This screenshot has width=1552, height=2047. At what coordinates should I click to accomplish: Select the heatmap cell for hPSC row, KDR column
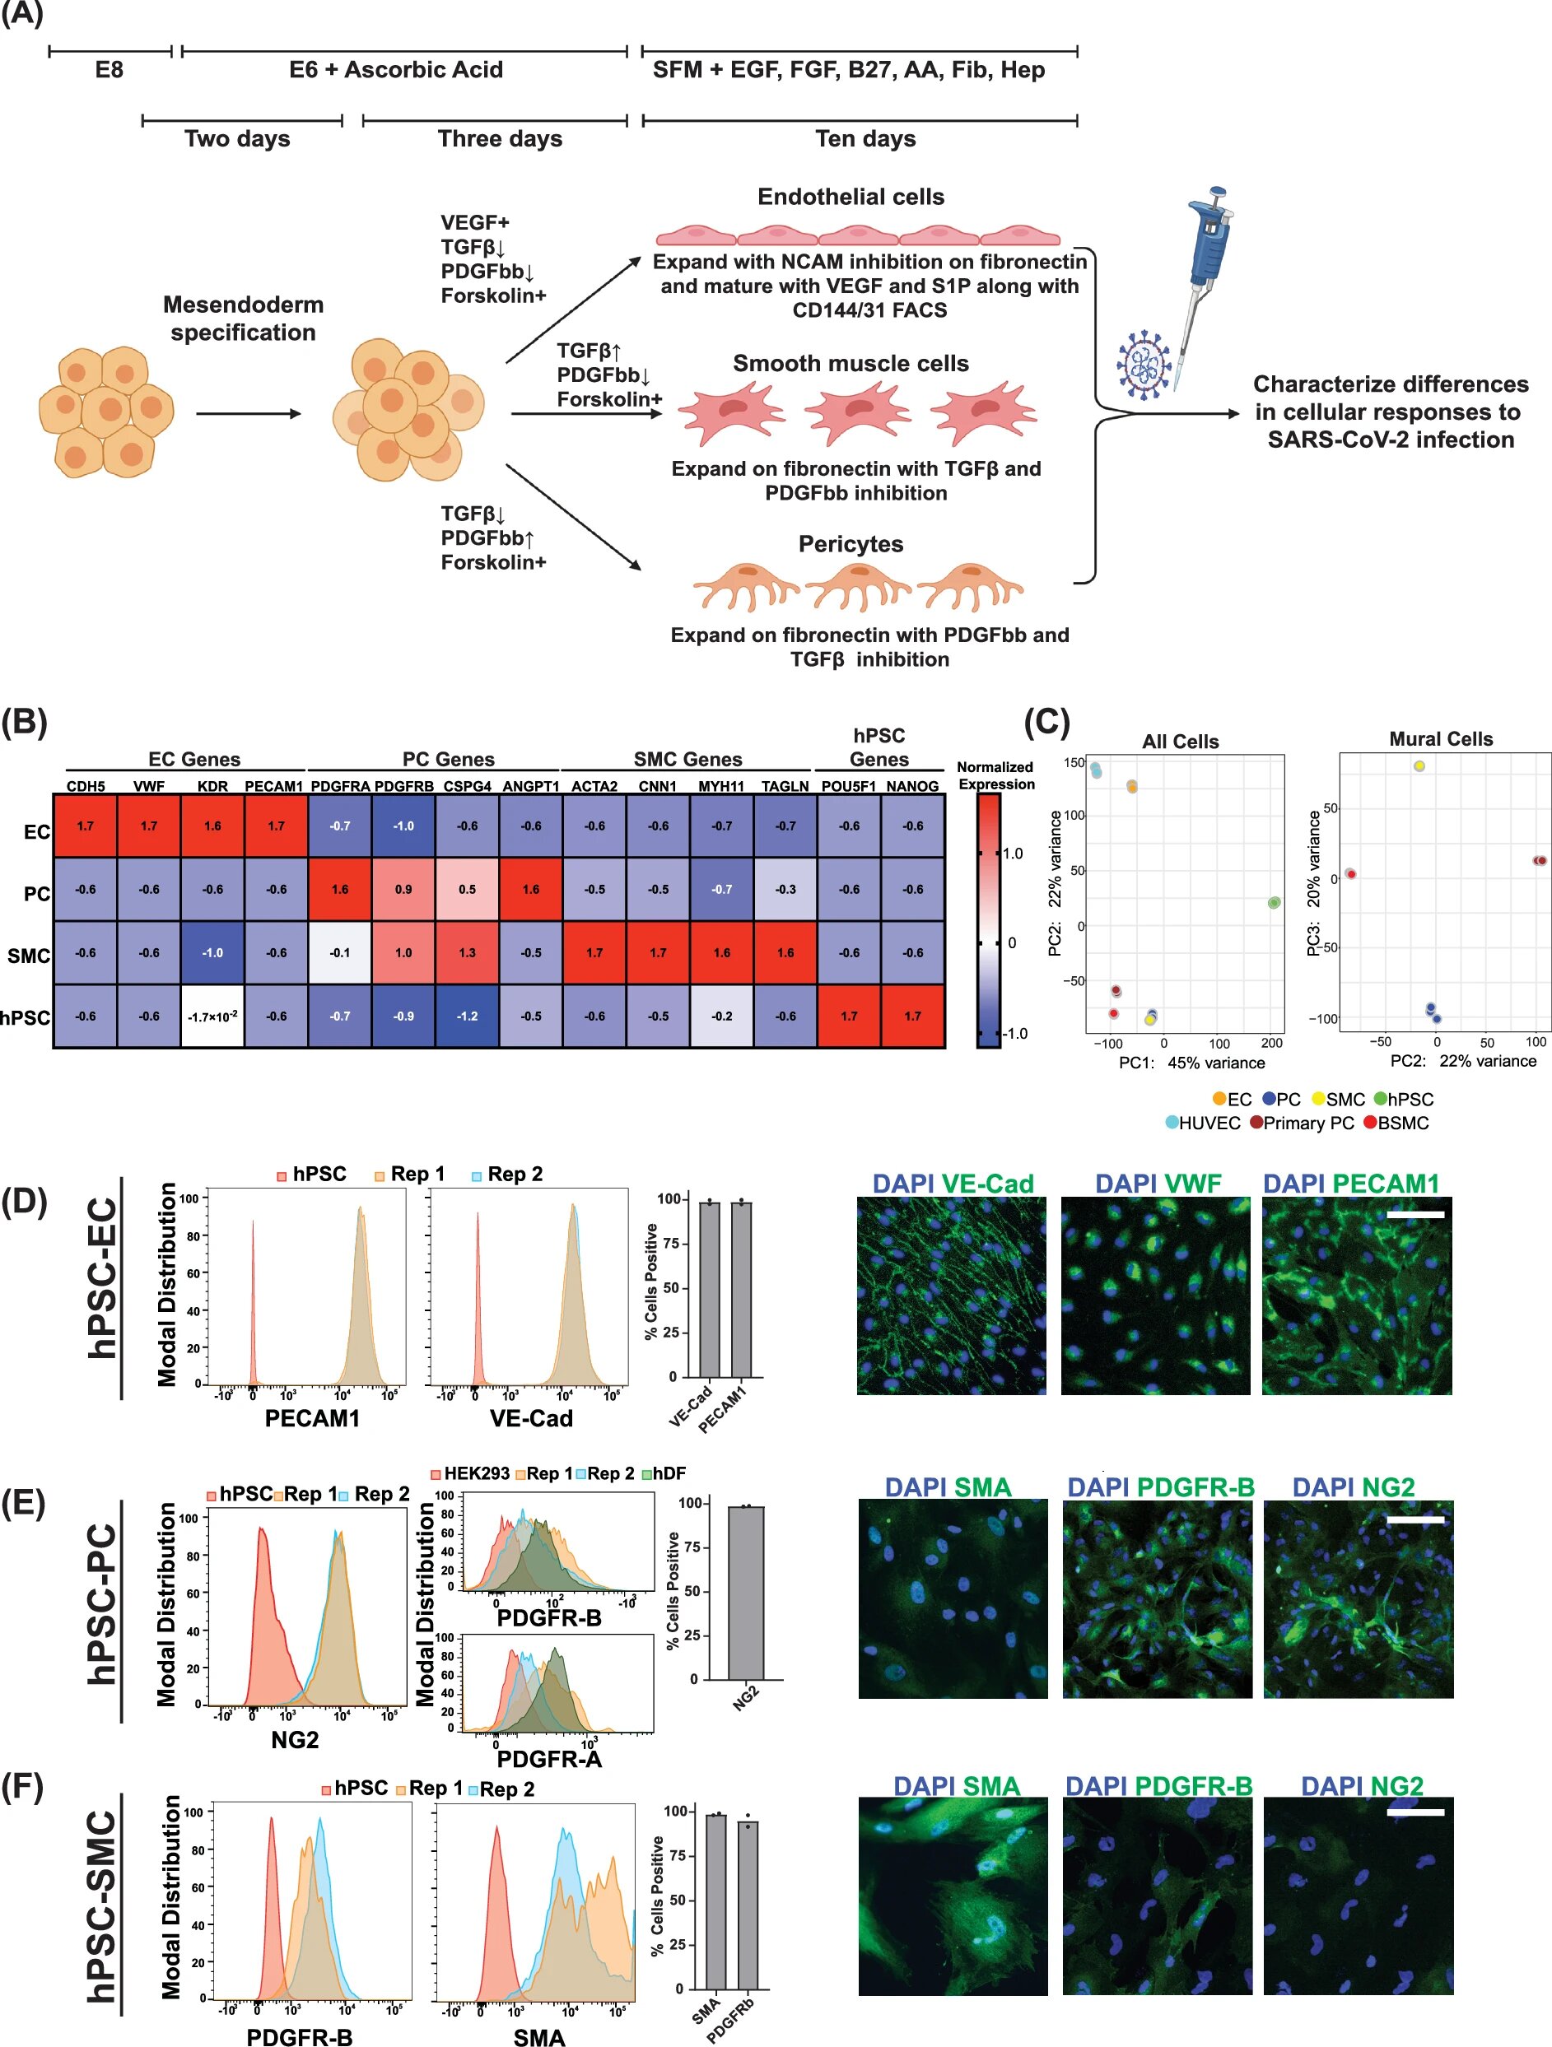click(213, 1017)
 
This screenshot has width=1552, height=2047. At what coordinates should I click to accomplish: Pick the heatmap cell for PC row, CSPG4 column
click(468, 889)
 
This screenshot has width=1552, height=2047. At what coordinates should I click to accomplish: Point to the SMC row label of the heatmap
click(29, 955)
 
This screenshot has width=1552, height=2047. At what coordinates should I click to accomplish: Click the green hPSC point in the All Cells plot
click(1274, 902)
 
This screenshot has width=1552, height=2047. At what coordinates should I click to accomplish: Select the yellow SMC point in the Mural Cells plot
click(1419, 766)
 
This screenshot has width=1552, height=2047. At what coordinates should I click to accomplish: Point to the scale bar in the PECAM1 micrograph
click(1415, 1212)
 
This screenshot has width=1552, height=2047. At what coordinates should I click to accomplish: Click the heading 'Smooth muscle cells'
click(851, 364)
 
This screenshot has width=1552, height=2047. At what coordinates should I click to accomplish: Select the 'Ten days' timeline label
click(865, 139)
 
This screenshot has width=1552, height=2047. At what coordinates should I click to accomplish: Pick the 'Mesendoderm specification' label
click(244, 318)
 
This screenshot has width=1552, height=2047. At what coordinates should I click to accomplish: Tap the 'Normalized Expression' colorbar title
click(995, 775)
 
